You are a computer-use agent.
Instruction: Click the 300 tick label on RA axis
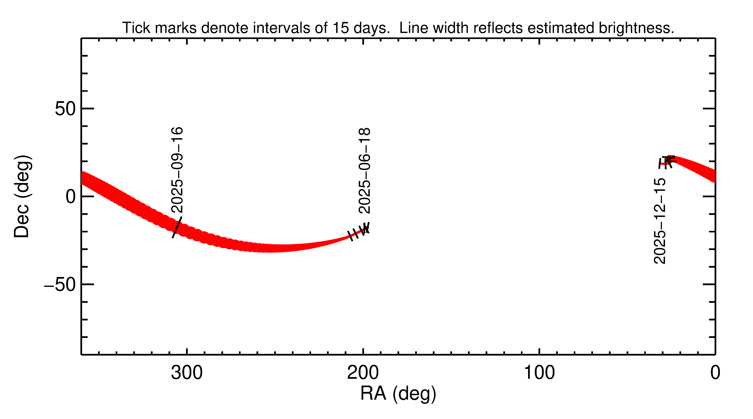(x=187, y=373)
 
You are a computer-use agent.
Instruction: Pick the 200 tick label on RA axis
(x=363, y=373)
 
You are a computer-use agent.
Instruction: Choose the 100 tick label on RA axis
(x=539, y=373)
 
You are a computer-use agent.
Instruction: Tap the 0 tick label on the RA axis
(x=715, y=373)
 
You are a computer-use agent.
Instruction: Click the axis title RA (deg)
(x=398, y=394)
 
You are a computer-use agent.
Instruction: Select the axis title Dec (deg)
(x=22, y=196)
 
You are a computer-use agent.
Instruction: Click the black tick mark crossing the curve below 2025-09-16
(x=177, y=227)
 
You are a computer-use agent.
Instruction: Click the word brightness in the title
(x=636, y=28)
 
